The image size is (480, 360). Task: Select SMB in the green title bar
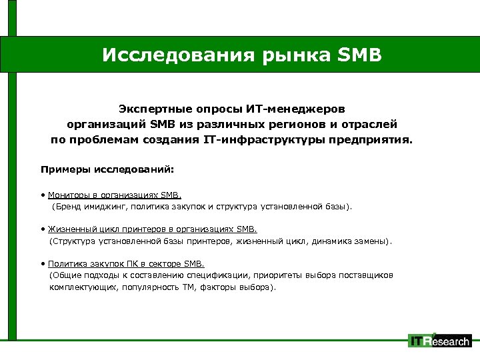pyautogui.click(x=359, y=54)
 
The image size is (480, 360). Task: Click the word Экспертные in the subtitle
pyautogui.click(x=157, y=108)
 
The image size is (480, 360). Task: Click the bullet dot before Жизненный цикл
pyautogui.click(x=43, y=229)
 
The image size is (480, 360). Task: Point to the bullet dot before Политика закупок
pyautogui.click(x=43, y=263)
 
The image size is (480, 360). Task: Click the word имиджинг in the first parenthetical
pyautogui.click(x=106, y=207)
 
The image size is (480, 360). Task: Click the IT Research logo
pyautogui.click(x=440, y=341)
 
